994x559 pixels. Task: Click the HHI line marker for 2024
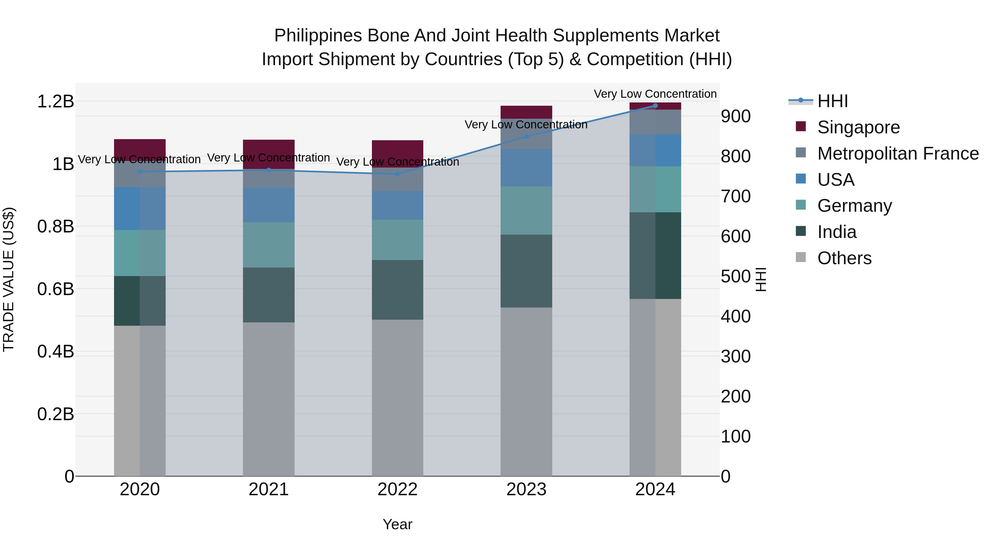pyautogui.click(x=655, y=105)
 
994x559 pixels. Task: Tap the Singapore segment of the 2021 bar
pyautogui.click(x=269, y=153)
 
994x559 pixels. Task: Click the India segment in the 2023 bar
pyautogui.click(x=526, y=271)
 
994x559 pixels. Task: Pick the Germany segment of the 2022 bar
pyautogui.click(x=397, y=240)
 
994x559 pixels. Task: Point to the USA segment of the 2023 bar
pyautogui.click(x=526, y=168)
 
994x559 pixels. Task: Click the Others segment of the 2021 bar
pyautogui.click(x=269, y=399)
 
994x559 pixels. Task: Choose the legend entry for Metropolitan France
pyautogui.click(x=898, y=153)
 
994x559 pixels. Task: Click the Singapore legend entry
pyautogui.click(x=858, y=127)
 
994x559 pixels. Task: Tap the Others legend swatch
pyautogui.click(x=801, y=257)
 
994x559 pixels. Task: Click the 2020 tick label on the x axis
pyautogui.click(x=140, y=489)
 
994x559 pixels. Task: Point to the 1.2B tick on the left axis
pyautogui.click(x=55, y=102)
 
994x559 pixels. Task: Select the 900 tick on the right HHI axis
pyautogui.click(x=736, y=116)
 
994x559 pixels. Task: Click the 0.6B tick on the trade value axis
pyautogui.click(x=55, y=289)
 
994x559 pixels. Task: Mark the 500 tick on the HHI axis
pyautogui.click(x=736, y=277)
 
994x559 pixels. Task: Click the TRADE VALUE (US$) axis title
pyautogui.click(x=9, y=279)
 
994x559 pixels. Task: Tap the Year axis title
pyautogui.click(x=397, y=524)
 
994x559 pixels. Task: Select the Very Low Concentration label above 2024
pyautogui.click(x=655, y=94)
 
